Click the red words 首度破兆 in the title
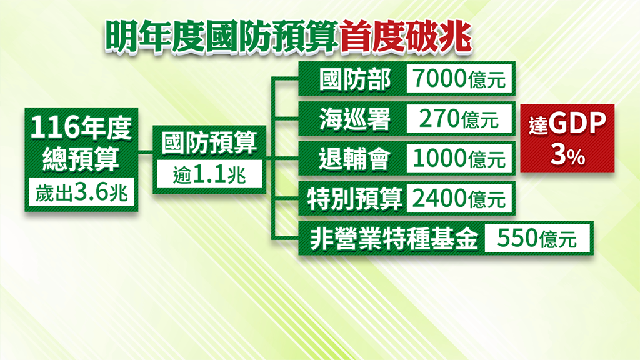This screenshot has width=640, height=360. (x=405, y=37)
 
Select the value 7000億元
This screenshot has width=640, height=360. (x=459, y=78)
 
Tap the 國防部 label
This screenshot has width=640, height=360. (x=355, y=79)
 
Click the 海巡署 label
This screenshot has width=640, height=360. (x=355, y=119)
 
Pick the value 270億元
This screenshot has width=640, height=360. (x=459, y=119)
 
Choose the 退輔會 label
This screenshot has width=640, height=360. (x=355, y=159)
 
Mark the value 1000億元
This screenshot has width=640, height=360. (x=459, y=158)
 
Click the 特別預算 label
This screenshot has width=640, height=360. (x=355, y=199)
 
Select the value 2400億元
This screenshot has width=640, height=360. (x=459, y=198)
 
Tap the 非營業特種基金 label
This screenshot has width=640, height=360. (x=394, y=239)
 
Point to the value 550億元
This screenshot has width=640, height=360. (x=537, y=238)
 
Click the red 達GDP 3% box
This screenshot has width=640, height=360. (x=567, y=138)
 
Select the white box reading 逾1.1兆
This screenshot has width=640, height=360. (x=209, y=174)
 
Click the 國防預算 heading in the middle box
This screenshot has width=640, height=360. (x=209, y=143)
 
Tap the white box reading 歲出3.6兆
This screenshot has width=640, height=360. (x=81, y=192)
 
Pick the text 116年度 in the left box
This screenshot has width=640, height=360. (x=81, y=127)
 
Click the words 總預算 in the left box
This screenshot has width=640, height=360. (x=81, y=159)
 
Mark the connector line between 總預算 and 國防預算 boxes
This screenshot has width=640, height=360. (x=145, y=153)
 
